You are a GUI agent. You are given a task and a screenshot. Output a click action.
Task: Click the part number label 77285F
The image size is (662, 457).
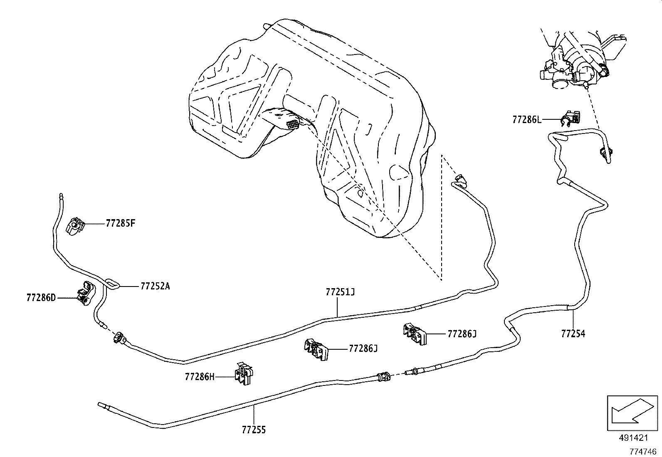(x=121, y=223)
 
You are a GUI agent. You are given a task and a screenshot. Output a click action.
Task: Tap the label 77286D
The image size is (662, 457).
(x=41, y=297)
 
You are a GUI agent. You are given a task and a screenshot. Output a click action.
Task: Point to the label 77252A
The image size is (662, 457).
(x=155, y=286)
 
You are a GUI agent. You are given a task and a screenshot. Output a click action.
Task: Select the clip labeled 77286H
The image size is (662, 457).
(x=244, y=373)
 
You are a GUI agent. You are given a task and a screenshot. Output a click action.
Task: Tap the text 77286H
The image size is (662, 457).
(x=200, y=377)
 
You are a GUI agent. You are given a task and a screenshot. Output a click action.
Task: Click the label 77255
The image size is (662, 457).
(x=254, y=430)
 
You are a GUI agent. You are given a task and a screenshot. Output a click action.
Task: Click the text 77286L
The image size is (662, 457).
(x=527, y=120)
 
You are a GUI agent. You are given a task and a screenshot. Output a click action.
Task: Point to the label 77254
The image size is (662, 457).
(x=573, y=333)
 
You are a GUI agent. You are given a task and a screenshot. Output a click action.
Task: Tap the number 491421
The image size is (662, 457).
(x=633, y=438)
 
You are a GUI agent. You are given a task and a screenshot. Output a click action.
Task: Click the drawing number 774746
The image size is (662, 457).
(x=642, y=451)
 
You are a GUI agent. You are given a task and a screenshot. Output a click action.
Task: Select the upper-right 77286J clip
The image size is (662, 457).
(x=414, y=334)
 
